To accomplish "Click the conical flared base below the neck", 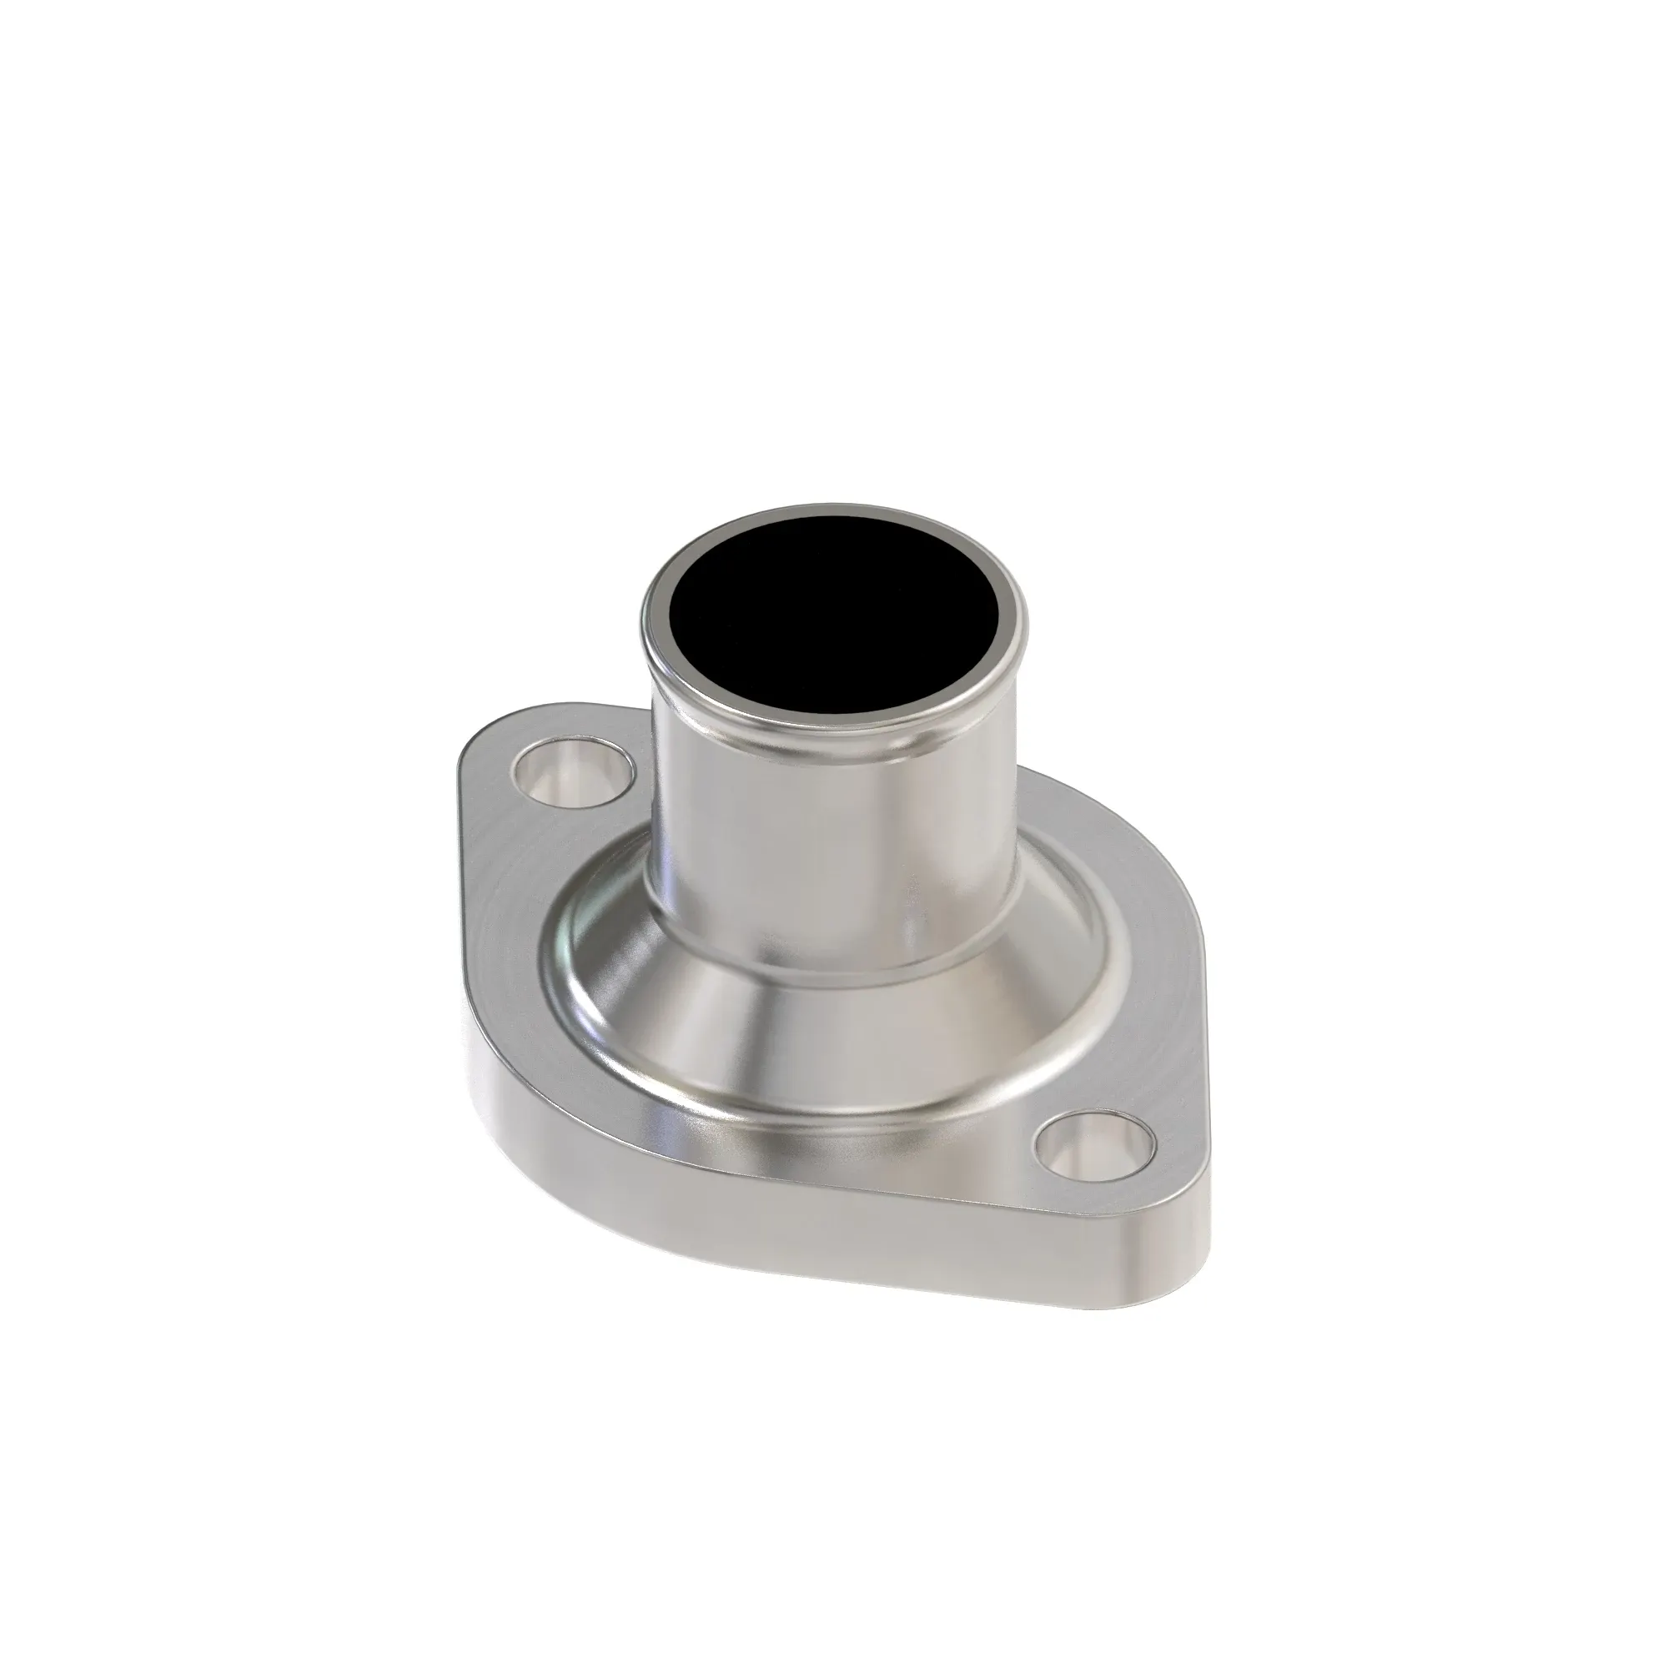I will click(829, 1036).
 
